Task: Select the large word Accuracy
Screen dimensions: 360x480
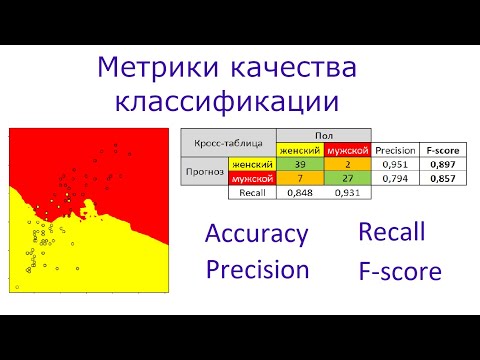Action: pos(255,235)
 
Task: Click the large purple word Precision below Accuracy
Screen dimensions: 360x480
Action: pos(257,269)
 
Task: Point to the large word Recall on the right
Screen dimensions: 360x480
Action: pos(391,232)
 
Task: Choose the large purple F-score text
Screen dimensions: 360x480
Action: pos(399,270)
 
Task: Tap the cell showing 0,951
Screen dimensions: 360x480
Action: pos(394,164)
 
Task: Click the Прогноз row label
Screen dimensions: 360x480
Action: pos(203,171)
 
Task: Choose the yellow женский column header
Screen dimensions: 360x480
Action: pos(299,150)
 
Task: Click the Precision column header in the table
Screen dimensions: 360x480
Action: pos(394,150)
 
